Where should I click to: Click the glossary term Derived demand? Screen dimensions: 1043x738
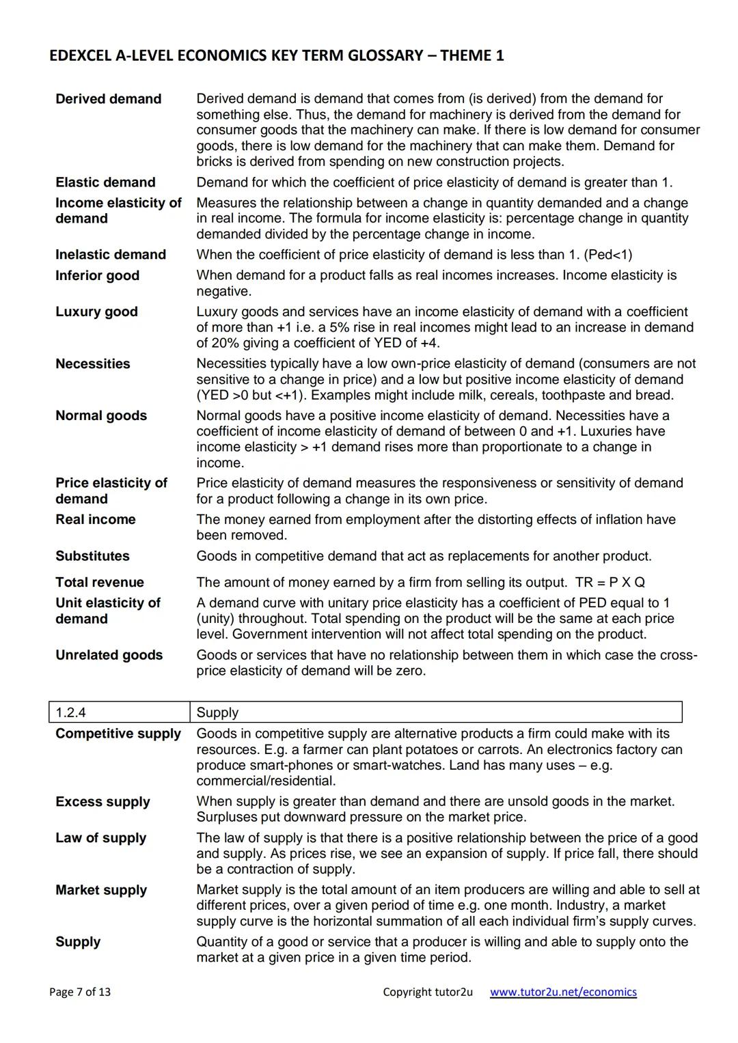[109, 99]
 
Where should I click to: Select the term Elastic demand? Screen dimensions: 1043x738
[105, 182]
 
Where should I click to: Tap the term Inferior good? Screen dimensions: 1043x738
[97, 275]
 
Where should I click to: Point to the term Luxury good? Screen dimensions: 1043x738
[96, 311]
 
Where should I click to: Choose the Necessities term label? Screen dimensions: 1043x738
[92, 363]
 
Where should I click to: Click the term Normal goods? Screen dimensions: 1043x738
[101, 415]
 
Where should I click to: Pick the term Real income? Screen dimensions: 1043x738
[96, 519]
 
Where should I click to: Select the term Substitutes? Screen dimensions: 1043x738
[92, 556]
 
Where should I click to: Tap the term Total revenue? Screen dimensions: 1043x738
[100, 582]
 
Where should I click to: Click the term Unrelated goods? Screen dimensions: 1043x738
[109, 655]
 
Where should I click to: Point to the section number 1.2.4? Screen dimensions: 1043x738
[71, 712]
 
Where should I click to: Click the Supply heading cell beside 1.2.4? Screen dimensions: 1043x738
[217, 712]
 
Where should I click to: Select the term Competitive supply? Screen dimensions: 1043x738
[118, 734]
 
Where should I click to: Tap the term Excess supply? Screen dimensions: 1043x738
[102, 802]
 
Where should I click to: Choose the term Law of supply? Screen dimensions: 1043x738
[101, 838]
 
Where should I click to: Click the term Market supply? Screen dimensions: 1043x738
[101, 890]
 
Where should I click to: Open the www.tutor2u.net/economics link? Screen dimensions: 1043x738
[563, 992]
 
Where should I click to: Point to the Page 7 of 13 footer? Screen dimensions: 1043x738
[80, 992]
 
